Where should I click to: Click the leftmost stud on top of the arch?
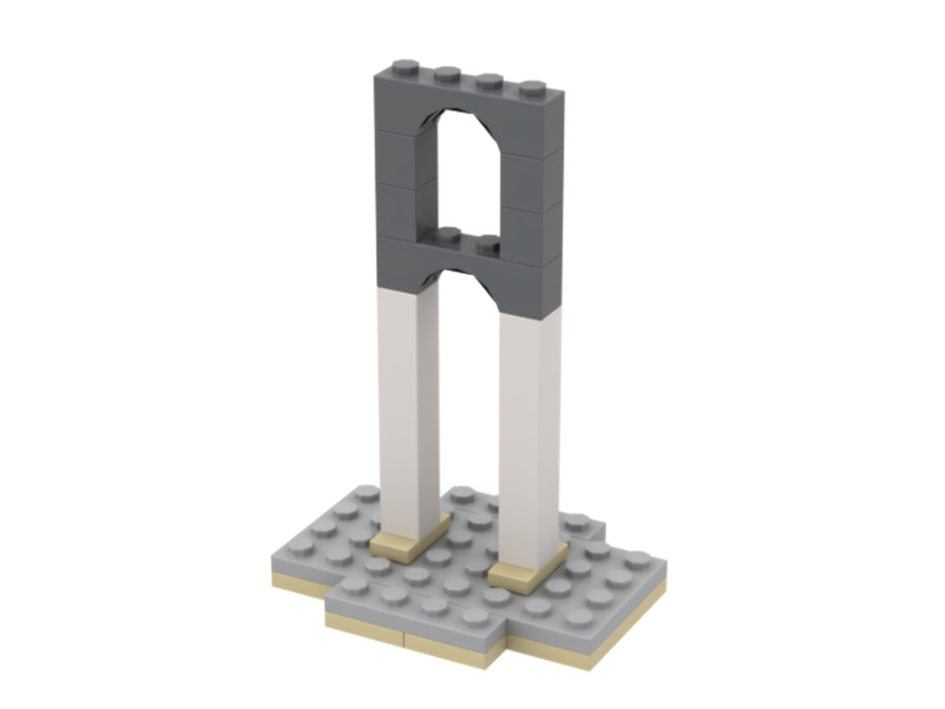click(400, 69)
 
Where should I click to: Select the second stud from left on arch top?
click(444, 74)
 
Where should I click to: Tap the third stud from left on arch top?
click(489, 79)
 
